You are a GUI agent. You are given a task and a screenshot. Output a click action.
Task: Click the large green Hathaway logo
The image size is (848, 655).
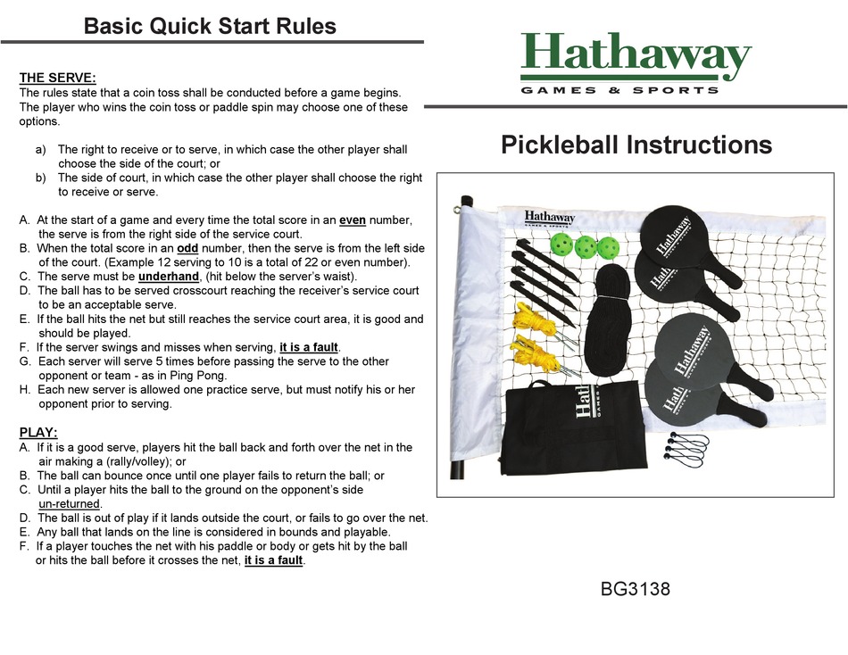pyautogui.click(x=636, y=58)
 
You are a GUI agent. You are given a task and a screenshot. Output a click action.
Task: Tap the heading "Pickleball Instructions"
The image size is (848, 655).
pyautogui.click(x=636, y=145)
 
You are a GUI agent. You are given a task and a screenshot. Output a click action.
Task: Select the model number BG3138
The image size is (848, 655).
pyautogui.click(x=635, y=589)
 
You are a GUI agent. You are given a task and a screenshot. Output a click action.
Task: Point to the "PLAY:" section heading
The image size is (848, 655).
pyautogui.click(x=38, y=433)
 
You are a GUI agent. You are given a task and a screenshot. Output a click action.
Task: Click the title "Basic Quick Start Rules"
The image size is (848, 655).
pyautogui.click(x=210, y=26)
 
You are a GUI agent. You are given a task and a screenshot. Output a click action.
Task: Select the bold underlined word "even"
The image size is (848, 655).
pyautogui.click(x=354, y=220)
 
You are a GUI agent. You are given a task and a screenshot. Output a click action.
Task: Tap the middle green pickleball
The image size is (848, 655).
pyautogui.click(x=586, y=245)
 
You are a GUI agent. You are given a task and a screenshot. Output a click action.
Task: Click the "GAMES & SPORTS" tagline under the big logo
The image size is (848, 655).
pyautogui.click(x=619, y=90)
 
